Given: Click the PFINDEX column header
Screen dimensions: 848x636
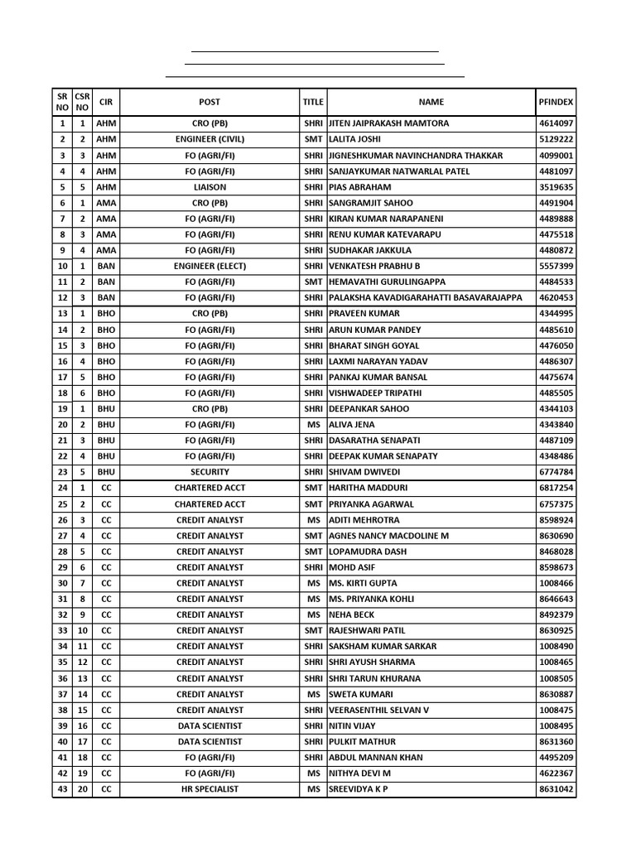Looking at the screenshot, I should [556, 102].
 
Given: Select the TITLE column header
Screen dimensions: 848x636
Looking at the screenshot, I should [313, 102].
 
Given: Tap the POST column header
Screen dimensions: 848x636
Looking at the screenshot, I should [210, 102].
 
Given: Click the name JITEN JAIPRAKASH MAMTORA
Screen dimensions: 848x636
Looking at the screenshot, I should [389, 123].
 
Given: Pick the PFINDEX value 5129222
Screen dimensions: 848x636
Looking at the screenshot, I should [556, 139].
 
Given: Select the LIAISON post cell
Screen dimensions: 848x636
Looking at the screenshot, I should [210, 187].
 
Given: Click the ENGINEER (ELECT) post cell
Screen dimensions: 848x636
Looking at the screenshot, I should [210, 266].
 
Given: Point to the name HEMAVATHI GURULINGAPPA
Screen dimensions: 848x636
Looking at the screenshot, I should [387, 282].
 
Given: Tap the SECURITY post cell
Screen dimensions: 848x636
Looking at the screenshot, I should [210, 472].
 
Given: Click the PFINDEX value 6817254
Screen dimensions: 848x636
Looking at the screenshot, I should [556, 488].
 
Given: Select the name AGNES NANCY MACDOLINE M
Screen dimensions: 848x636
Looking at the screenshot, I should [389, 536].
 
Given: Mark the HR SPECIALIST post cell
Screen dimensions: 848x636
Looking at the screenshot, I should [210, 789].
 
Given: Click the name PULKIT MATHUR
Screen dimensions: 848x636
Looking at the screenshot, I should [363, 742].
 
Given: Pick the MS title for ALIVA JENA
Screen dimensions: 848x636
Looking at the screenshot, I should [313, 425].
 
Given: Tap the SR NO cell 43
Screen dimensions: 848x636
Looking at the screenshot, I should [62, 789].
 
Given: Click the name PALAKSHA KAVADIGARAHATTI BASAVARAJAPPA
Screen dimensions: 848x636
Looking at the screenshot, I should [426, 298].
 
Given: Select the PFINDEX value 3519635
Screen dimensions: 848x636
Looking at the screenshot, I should [556, 187].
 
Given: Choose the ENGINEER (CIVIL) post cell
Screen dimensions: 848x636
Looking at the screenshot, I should [210, 139].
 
